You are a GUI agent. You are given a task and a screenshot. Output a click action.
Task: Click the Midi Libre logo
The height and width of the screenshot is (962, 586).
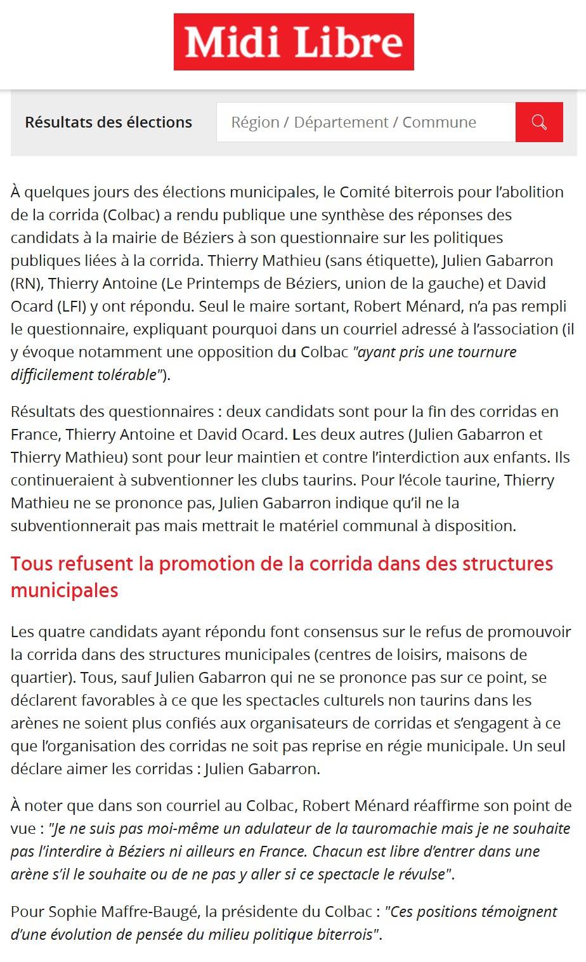[x=294, y=42]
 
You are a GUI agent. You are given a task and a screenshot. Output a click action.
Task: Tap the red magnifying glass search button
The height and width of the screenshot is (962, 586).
[x=539, y=122]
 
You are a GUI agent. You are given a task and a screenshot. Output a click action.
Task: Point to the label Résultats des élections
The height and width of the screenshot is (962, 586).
[x=108, y=122]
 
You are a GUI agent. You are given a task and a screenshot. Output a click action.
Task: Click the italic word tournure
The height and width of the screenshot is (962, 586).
[x=483, y=352]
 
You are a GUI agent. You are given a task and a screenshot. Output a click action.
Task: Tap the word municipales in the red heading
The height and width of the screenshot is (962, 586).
[x=65, y=590]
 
